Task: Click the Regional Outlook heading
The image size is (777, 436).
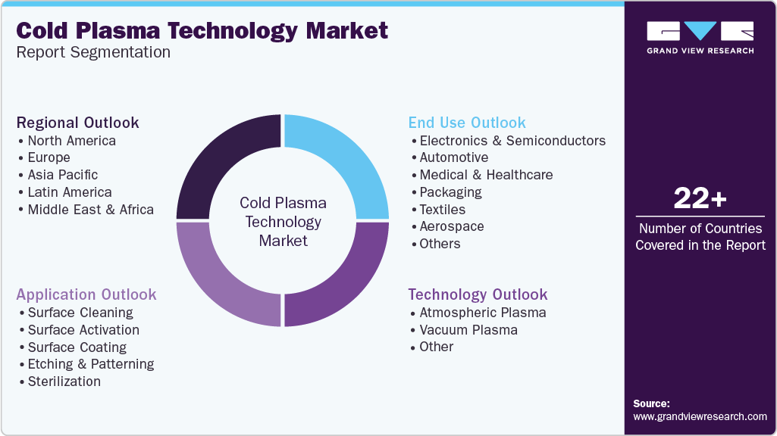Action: (78, 123)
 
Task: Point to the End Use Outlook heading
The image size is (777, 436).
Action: (467, 123)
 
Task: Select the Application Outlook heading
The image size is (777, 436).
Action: (86, 295)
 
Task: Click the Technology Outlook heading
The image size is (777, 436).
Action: (478, 295)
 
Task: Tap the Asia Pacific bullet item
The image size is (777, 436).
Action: (62, 175)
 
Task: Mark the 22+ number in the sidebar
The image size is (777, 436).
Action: (700, 198)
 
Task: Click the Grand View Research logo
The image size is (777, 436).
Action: (700, 38)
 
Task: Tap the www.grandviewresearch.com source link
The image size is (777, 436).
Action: (700, 417)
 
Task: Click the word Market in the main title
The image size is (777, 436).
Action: (347, 31)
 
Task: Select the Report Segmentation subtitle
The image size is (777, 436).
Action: (93, 52)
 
